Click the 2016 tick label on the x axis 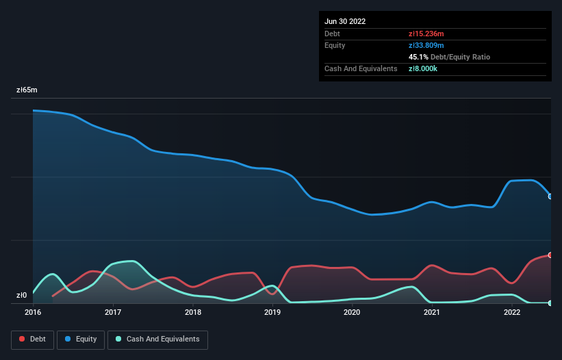[33, 313]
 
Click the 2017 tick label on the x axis [113, 313]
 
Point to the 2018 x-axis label [193, 313]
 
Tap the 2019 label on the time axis [272, 313]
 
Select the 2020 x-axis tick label [352, 313]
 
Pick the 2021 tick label [432, 313]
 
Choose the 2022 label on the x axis [511, 313]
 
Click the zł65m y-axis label [27, 90]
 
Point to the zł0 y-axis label [22, 296]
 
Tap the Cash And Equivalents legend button [157, 339]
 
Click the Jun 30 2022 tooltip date [345, 21]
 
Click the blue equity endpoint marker [550, 196]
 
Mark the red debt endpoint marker [550, 255]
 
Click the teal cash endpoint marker [550, 303]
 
